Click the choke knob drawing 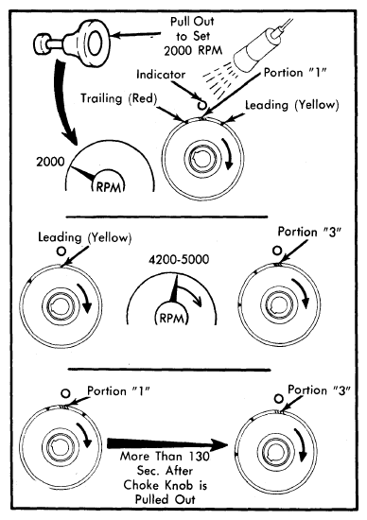pos(72,43)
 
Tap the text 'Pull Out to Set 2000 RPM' pos(192,36)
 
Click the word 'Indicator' pos(161,75)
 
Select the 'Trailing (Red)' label pos(119,98)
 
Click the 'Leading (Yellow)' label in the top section pos(292,106)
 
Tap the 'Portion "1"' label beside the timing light pos(295,73)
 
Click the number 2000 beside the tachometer pos(50,162)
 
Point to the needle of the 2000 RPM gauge pos(83,173)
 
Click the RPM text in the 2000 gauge pos(109,187)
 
